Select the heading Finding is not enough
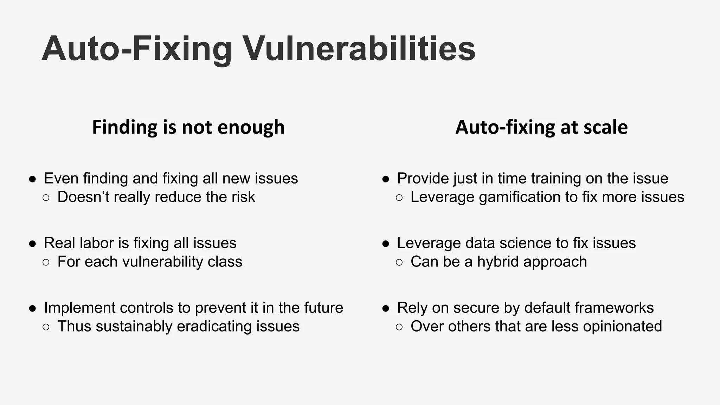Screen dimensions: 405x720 coord(188,127)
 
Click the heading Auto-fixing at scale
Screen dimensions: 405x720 coord(541,127)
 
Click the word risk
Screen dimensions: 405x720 coord(243,197)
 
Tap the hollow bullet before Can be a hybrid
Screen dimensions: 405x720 coord(399,262)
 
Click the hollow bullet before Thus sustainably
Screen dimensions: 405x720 coord(46,327)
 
